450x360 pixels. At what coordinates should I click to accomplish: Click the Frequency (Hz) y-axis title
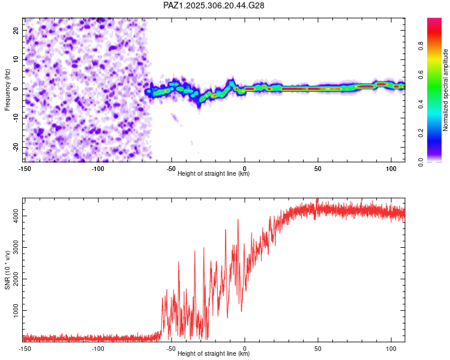point(8,90)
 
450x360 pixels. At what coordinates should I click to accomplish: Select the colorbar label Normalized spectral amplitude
point(445,90)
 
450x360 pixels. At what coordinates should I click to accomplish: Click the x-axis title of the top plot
point(214,174)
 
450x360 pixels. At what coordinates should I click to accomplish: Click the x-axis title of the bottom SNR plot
point(214,354)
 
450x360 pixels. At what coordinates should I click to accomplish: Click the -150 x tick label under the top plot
point(25,168)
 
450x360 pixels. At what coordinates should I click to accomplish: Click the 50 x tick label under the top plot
point(318,168)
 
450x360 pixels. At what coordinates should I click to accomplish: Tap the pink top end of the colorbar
point(434,21)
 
